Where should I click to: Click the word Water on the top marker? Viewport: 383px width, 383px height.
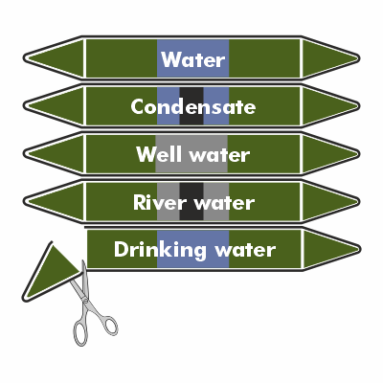(192, 59)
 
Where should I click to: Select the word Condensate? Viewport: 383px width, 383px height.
(193, 106)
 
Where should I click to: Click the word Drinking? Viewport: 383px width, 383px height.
(160, 250)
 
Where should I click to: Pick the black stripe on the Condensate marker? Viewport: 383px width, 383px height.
(191, 106)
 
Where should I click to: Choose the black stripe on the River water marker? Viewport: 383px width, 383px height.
(191, 201)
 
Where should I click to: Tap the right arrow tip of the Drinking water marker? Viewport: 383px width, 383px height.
(359, 249)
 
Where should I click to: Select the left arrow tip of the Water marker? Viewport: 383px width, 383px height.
(25, 57)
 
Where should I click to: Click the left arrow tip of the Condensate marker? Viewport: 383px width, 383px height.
(25, 105)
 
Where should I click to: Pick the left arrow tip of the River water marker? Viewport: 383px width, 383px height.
(25, 201)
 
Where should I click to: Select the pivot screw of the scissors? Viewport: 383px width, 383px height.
(85, 300)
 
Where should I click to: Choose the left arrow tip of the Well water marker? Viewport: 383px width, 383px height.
(25, 153)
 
